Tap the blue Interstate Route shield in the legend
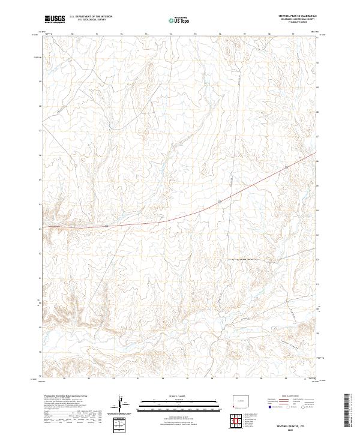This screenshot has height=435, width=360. coord(269,407)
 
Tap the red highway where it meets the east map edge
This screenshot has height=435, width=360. coord(316,154)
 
